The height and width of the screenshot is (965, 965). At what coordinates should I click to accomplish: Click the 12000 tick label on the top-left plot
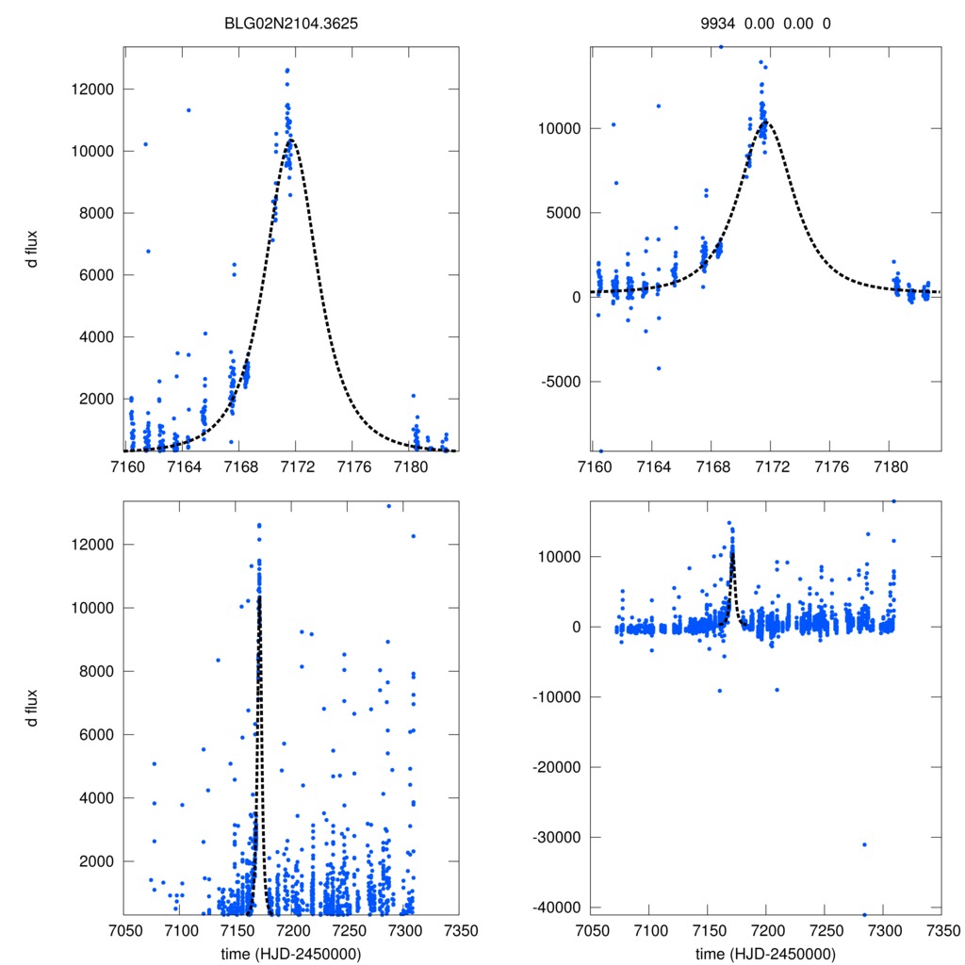pyautogui.click(x=95, y=90)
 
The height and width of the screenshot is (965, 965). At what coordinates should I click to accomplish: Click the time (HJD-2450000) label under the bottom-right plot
pyautogui.click(x=765, y=953)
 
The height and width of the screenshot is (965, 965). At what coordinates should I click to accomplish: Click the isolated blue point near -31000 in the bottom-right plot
pyautogui.click(x=864, y=844)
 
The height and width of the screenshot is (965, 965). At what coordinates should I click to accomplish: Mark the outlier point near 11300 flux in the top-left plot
pyautogui.click(x=188, y=110)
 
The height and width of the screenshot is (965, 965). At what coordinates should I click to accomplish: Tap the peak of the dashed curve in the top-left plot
pyautogui.click(x=292, y=139)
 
